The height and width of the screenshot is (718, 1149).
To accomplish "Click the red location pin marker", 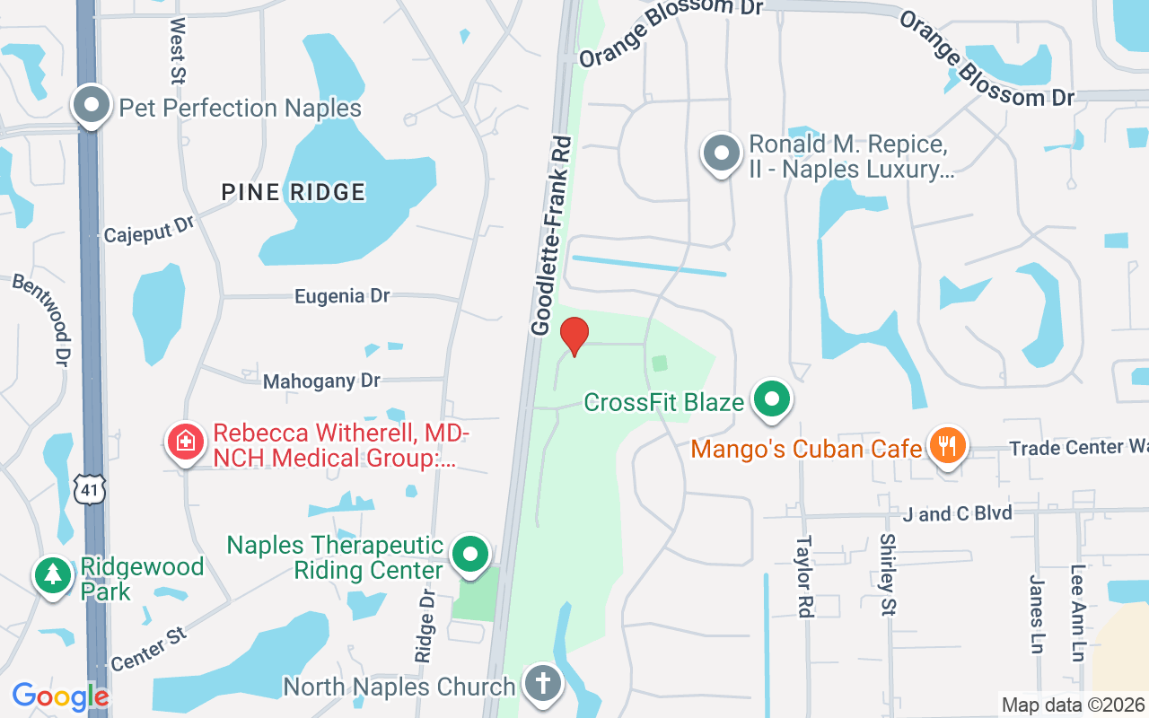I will (574, 336).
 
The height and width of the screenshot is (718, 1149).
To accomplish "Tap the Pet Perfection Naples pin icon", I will (91, 106).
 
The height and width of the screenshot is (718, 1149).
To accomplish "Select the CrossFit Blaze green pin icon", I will (770, 399).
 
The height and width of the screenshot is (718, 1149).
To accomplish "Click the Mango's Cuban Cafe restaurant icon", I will (947, 445).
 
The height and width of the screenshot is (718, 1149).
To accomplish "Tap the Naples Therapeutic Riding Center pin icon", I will (469, 555).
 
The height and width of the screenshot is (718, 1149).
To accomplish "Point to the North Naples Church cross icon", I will (542, 685).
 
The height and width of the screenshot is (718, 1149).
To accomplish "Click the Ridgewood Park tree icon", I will (53, 575).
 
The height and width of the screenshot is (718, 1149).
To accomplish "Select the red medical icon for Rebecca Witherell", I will (186, 441).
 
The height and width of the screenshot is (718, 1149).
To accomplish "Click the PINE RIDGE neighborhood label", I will (294, 192).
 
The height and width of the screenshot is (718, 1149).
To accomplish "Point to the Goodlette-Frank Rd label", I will (552, 236).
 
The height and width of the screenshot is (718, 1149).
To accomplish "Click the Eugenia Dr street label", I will (342, 295).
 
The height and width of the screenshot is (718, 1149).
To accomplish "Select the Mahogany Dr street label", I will (321, 381).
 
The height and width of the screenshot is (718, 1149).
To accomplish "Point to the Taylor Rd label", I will (803, 576).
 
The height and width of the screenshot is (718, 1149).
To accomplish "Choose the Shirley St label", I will (887, 574).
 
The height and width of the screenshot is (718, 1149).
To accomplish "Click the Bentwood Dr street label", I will (41, 319).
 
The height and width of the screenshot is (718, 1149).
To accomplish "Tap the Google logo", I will (60, 696).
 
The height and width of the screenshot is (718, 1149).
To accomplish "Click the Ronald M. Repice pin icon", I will (721, 154).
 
